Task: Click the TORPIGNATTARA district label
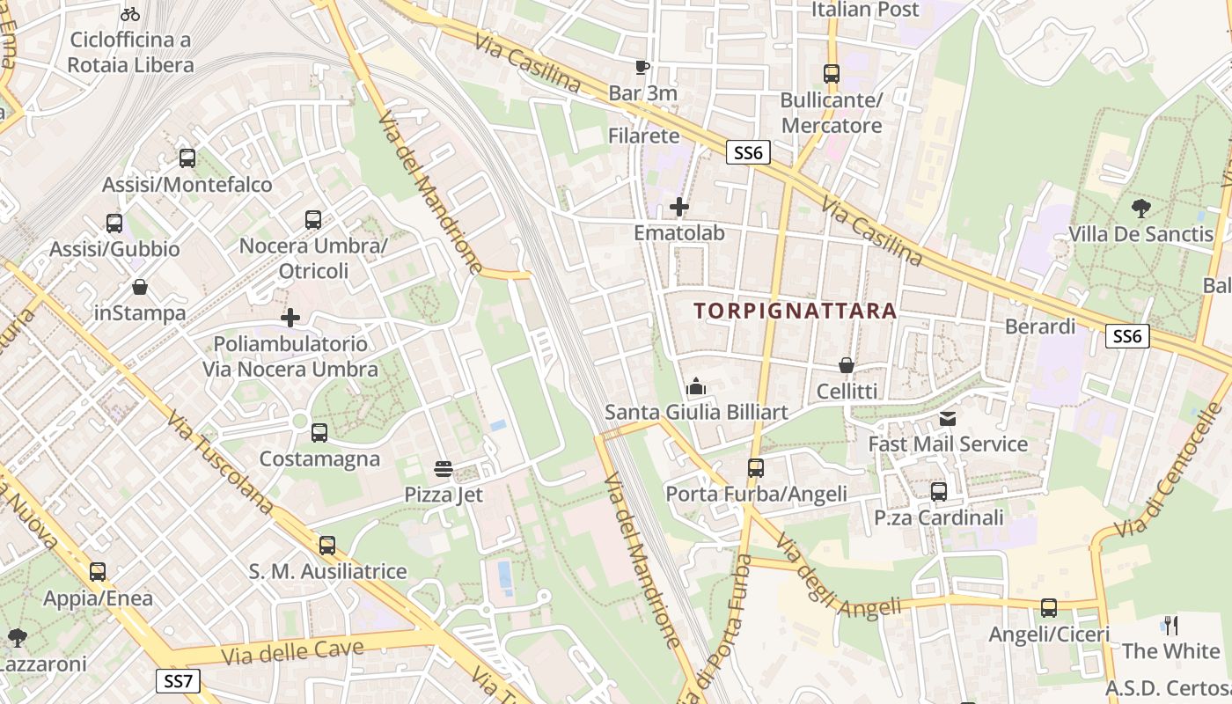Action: click(x=795, y=311)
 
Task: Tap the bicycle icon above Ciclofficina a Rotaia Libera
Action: click(x=130, y=14)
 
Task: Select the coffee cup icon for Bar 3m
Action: click(x=642, y=67)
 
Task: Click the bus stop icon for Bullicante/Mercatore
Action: click(x=832, y=74)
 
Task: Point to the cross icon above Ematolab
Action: click(x=679, y=208)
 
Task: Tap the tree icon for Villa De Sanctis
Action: click(x=1141, y=209)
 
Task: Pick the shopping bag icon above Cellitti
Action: click(x=846, y=364)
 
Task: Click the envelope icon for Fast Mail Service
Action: click(x=948, y=418)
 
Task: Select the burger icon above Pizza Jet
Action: click(x=444, y=469)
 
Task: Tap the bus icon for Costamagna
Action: click(x=319, y=433)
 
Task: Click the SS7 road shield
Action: click(x=178, y=680)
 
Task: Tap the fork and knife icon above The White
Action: click(x=1171, y=626)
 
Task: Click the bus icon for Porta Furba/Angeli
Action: click(x=756, y=468)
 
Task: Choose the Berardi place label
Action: click(x=1040, y=326)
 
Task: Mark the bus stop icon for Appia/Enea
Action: click(x=98, y=572)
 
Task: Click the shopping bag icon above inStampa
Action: click(x=140, y=287)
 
